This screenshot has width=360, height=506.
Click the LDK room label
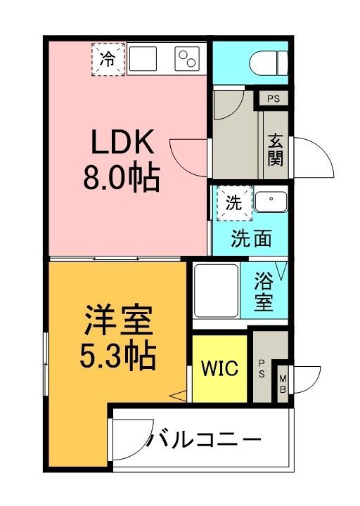(x=120, y=144)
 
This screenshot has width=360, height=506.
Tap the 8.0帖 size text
(x=120, y=178)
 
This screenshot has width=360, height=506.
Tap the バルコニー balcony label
(x=204, y=442)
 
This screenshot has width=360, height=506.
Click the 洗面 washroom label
(x=252, y=240)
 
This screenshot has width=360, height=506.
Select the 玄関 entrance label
(x=275, y=149)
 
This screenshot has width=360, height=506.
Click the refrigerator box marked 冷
(x=108, y=59)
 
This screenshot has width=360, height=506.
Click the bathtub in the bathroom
(x=217, y=291)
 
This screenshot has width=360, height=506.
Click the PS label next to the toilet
(x=273, y=98)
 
